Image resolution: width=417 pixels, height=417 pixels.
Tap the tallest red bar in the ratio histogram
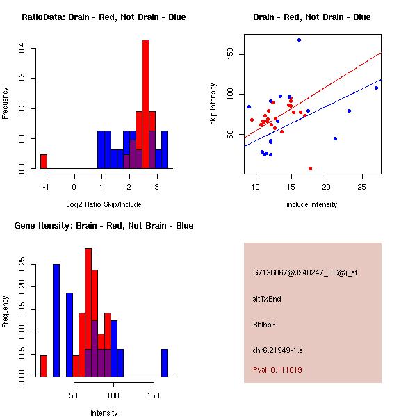coord(145,104)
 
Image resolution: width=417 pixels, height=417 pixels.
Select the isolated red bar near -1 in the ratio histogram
coord(44,161)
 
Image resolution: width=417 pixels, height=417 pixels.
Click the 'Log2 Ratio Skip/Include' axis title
coord(104,204)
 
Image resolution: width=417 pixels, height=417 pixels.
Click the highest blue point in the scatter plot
coord(299,40)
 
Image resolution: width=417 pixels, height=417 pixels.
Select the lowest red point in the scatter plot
coord(310,168)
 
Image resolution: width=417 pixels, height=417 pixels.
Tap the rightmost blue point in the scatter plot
coord(376,88)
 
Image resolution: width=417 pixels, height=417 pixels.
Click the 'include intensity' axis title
coord(312,204)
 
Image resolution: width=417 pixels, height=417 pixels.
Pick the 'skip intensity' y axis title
coord(213,104)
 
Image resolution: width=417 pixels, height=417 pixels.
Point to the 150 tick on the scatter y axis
coord(229,54)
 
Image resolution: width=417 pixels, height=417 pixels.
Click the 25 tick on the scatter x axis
coord(361,187)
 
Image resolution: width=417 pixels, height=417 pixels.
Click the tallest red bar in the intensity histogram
coord(88,313)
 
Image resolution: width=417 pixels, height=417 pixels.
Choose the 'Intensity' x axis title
coord(104,413)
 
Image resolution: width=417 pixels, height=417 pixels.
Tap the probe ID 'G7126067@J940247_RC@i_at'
coord(305,273)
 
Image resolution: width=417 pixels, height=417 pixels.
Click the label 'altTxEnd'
coord(267,299)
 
